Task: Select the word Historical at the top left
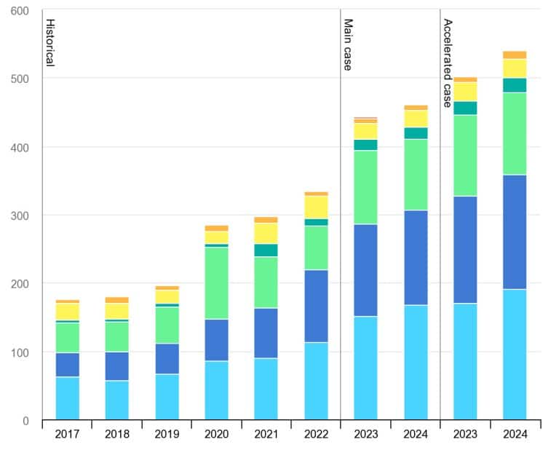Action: point(49,42)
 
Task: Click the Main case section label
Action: point(348,45)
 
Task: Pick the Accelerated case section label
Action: point(448,63)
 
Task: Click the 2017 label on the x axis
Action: point(67,435)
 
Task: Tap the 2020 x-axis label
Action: point(216,435)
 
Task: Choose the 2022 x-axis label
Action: point(316,435)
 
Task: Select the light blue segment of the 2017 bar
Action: point(67,398)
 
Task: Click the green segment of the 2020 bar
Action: point(216,283)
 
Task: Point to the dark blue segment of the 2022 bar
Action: point(316,306)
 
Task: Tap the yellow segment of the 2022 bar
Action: point(316,208)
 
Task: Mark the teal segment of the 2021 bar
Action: point(266,250)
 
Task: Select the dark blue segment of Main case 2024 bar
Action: point(416,258)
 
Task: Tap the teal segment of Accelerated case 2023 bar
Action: point(465,108)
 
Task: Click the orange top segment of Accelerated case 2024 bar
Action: point(515,55)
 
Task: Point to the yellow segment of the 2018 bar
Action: point(116,311)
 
